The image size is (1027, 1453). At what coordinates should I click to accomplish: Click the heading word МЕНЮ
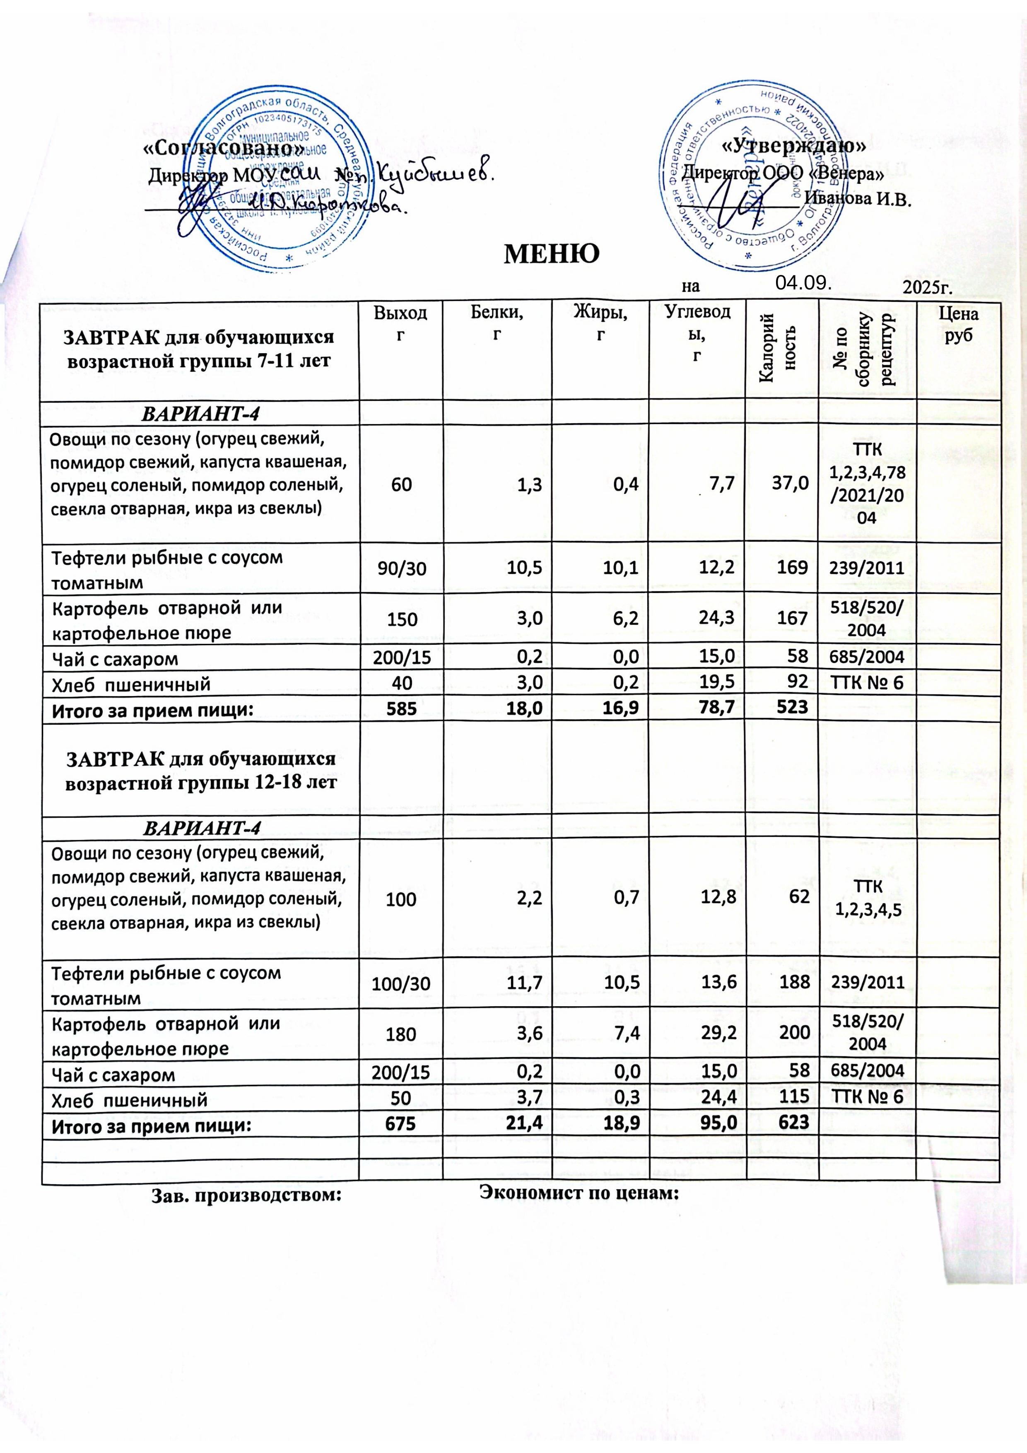coord(550,254)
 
